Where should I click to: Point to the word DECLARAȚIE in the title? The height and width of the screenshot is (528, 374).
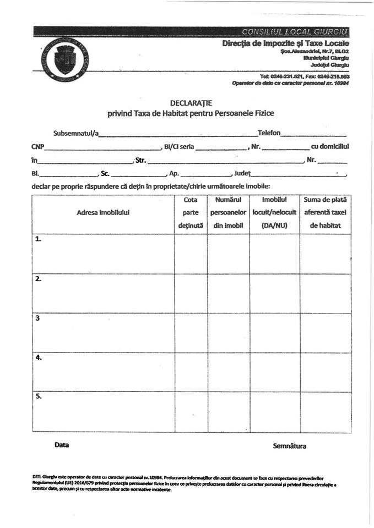pyautogui.click(x=190, y=103)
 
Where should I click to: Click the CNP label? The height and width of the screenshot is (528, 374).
pyautogui.click(x=37, y=147)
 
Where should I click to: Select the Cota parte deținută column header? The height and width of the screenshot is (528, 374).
pyautogui.click(x=191, y=212)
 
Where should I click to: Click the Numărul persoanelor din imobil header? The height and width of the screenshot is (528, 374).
pyautogui.click(x=228, y=212)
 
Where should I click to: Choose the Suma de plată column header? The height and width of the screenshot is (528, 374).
pyautogui.click(x=326, y=212)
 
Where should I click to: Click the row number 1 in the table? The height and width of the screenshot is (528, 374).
pyautogui.click(x=38, y=239)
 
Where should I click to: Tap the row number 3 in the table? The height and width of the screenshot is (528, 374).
pyautogui.click(x=37, y=318)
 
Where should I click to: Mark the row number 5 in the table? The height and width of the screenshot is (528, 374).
pyautogui.click(x=38, y=396)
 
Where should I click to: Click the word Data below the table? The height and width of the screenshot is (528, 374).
pyautogui.click(x=62, y=445)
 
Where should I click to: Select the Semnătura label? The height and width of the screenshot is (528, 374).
pyautogui.click(x=289, y=446)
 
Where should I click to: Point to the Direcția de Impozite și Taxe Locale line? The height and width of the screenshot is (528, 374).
pyautogui.click(x=285, y=43)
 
